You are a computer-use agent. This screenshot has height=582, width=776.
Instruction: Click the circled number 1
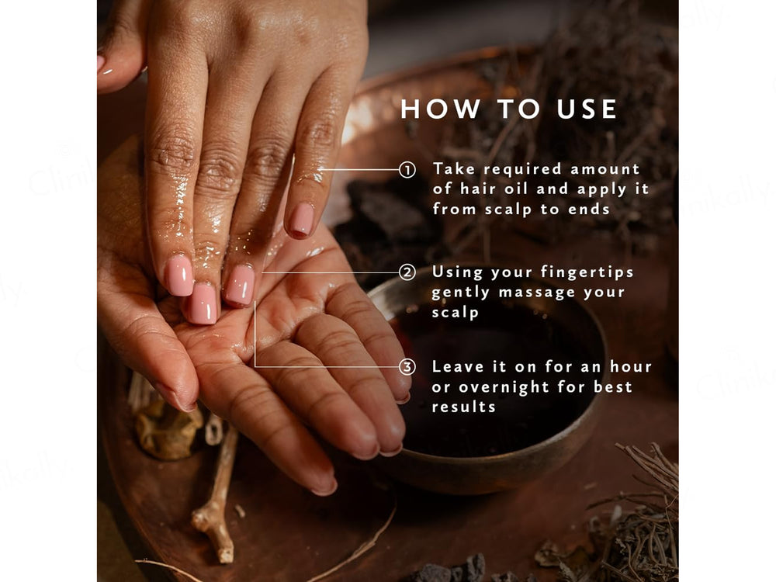click(x=407, y=169)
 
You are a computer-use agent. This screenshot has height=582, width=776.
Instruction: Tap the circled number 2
click(x=407, y=272)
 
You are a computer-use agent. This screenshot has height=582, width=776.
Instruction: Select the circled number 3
click(x=407, y=366)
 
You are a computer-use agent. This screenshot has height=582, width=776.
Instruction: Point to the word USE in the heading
click(x=588, y=109)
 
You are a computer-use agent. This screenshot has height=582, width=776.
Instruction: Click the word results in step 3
click(x=464, y=407)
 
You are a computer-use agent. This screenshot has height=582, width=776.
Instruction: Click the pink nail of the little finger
click(x=302, y=220)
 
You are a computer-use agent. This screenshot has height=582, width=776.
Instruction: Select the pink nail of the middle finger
click(x=203, y=303)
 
